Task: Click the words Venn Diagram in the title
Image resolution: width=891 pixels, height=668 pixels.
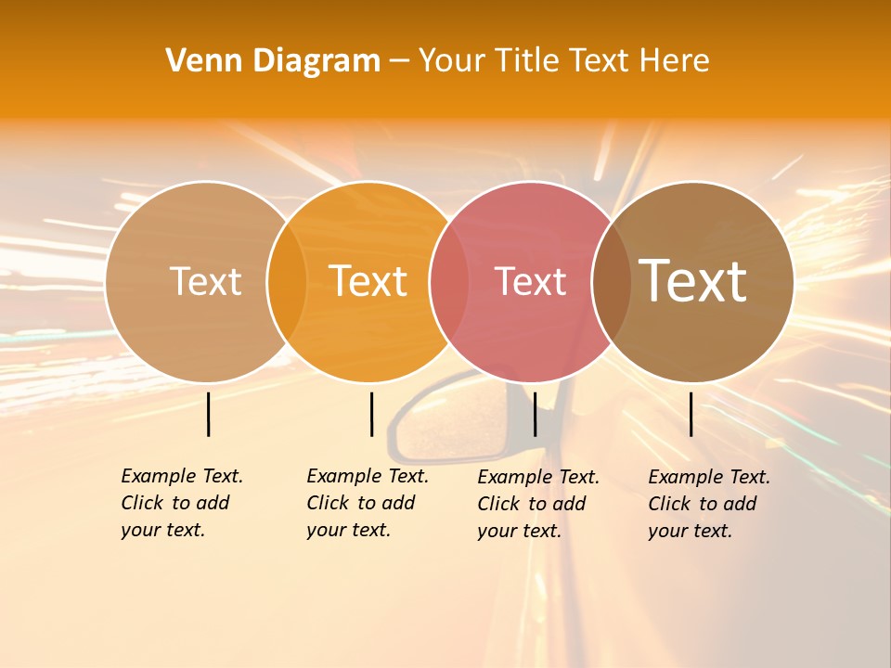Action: coord(273,61)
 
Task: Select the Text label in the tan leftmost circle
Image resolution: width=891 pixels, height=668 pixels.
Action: coord(205,282)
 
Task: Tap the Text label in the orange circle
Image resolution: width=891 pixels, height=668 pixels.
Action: coord(368,282)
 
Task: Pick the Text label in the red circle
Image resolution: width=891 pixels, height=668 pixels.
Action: coord(530,282)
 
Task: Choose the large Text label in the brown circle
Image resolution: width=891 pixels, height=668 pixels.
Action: coord(692,281)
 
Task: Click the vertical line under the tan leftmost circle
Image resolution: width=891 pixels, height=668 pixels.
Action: coord(209,414)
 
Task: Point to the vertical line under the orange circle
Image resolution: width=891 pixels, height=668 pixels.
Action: coord(371,414)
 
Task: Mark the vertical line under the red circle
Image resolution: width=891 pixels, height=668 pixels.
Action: coord(535,414)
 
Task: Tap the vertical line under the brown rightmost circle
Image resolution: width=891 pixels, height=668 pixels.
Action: coord(691,414)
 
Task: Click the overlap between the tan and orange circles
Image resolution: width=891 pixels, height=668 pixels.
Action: coord(287,282)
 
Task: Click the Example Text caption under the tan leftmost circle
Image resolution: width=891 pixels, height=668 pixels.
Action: coord(182,503)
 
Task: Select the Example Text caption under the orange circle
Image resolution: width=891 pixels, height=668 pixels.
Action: coord(368,503)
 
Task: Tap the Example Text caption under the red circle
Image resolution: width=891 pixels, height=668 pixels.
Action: coord(538,504)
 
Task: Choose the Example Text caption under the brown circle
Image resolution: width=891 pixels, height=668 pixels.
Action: coord(709,504)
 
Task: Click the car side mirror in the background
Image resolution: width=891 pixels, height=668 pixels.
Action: coord(436,427)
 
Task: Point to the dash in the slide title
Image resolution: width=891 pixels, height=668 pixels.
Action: coord(399,61)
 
